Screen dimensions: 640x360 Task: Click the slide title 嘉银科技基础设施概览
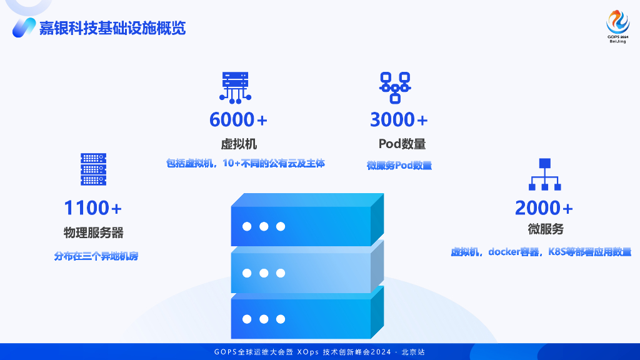pyautogui.click(x=112, y=28)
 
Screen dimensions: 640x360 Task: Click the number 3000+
pyautogui.click(x=399, y=119)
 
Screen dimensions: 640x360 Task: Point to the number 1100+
pyautogui.click(x=93, y=207)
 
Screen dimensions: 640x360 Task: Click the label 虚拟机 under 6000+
pyautogui.click(x=239, y=144)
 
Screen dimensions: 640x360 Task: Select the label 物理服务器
pyautogui.click(x=93, y=232)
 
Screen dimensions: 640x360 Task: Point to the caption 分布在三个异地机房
pyautogui.click(x=96, y=256)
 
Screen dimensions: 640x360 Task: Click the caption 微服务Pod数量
pyautogui.click(x=399, y=166)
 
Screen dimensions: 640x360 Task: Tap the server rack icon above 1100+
pyautogui.click(x=93, y=169)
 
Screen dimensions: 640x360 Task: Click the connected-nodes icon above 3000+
pyautogui.click(x=395, y=87)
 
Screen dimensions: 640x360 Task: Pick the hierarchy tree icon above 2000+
pyautogui.click(x=544, y=174)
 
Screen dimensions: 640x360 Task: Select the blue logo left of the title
pyautogui.click(x=23, y=27)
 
